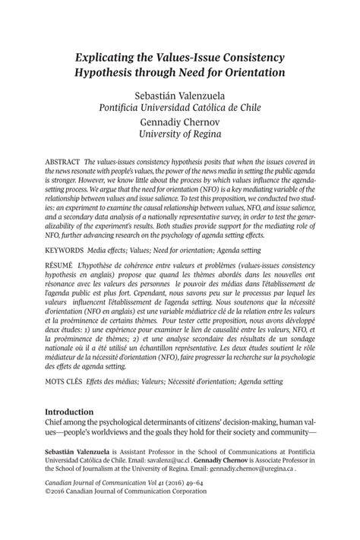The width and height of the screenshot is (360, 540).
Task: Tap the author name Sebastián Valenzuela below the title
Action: (180, 95)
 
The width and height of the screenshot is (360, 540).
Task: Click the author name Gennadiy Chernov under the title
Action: (180, 123)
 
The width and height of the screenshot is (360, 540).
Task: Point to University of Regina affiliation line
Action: (180, 136)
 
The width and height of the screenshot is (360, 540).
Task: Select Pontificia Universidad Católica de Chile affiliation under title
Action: (180, 108)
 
